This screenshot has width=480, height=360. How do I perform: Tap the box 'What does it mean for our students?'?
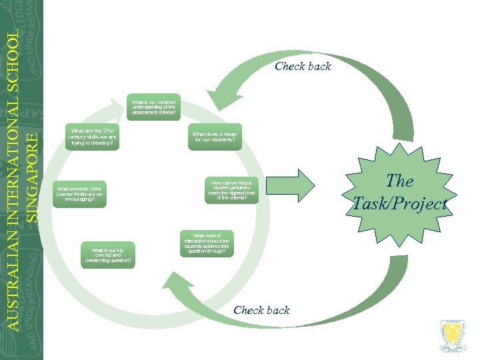(x=215, y=137)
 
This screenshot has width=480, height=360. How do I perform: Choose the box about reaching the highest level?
(x=228, y=189)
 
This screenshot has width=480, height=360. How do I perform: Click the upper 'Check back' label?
(x=303, y=66)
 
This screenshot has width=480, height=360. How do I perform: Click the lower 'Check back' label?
(x=261, y=310)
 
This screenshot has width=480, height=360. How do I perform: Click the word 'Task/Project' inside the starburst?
(x=400, y=204)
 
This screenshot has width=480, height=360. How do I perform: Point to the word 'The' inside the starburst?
(x=400, y=181)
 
